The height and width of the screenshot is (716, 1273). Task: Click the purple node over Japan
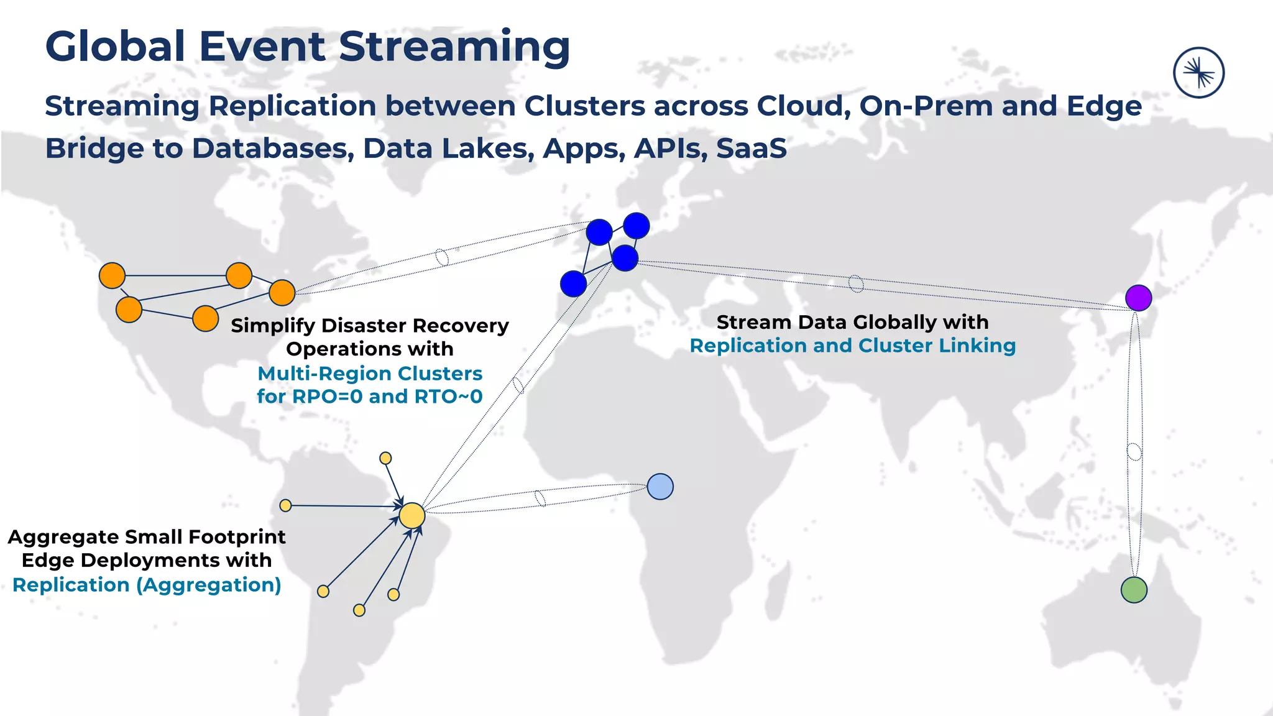1138,298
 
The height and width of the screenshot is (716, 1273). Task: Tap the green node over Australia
1134,590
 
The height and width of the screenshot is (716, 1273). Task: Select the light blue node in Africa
660,486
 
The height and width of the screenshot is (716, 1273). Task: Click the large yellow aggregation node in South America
411,515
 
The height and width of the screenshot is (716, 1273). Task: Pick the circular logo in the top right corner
1198,73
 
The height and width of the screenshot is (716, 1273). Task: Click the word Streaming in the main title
454,47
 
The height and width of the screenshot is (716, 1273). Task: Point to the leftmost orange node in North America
112,275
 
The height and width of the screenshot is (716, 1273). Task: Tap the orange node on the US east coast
282,292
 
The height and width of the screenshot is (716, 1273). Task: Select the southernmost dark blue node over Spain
573,283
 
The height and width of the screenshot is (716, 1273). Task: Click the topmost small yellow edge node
385,458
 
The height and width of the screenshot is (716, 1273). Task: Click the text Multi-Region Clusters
370,374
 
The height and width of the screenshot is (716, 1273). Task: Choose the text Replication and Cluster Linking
852,346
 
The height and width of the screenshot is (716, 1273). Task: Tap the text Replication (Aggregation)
147,585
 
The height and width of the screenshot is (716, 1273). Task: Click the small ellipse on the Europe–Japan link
856,283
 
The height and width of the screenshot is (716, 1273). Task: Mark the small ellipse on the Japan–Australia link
1134,451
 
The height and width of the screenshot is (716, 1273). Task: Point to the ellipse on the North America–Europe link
442,257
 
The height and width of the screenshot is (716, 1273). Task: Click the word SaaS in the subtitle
751,149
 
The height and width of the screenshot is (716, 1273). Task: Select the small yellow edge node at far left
285,505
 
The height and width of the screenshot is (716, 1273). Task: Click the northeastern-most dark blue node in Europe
636,226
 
